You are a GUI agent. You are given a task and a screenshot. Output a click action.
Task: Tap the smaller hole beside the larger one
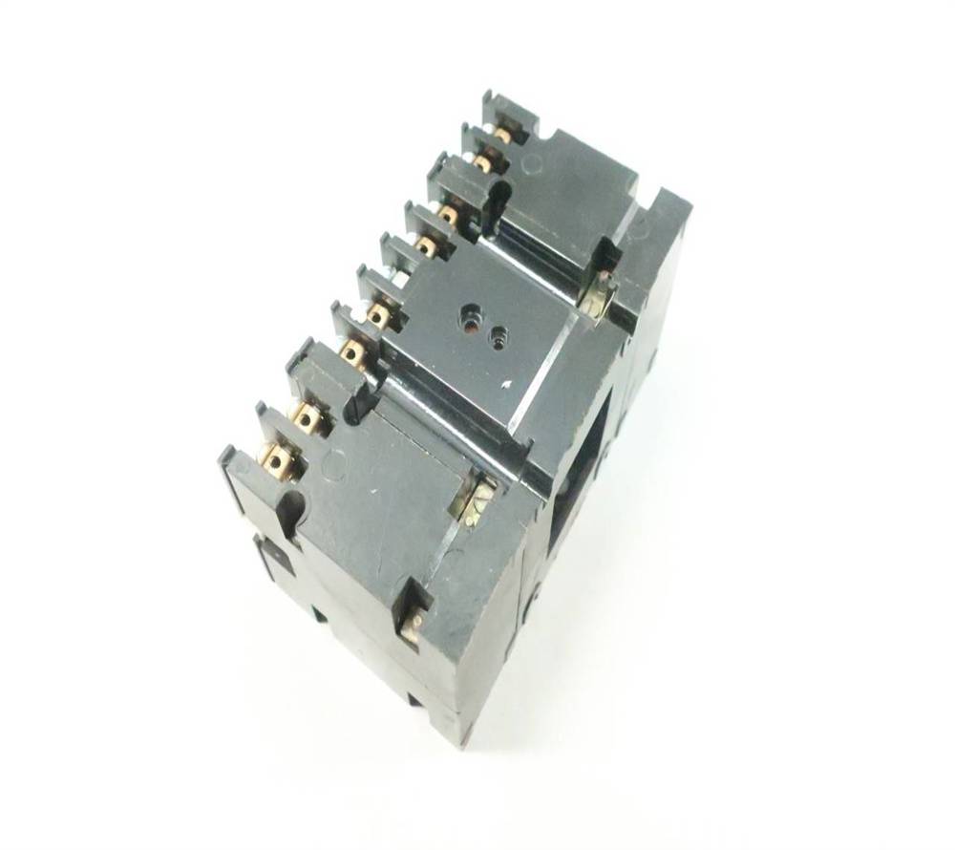tap(498, 335)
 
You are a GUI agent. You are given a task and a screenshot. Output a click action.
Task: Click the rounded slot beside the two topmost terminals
tap(494, 206)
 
